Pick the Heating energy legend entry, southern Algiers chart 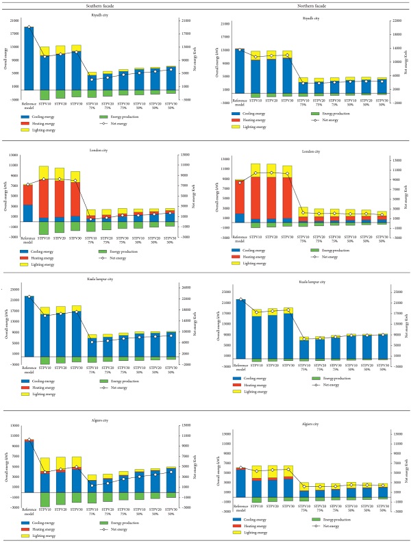tap(45, 529)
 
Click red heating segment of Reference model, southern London tap(29, 194)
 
